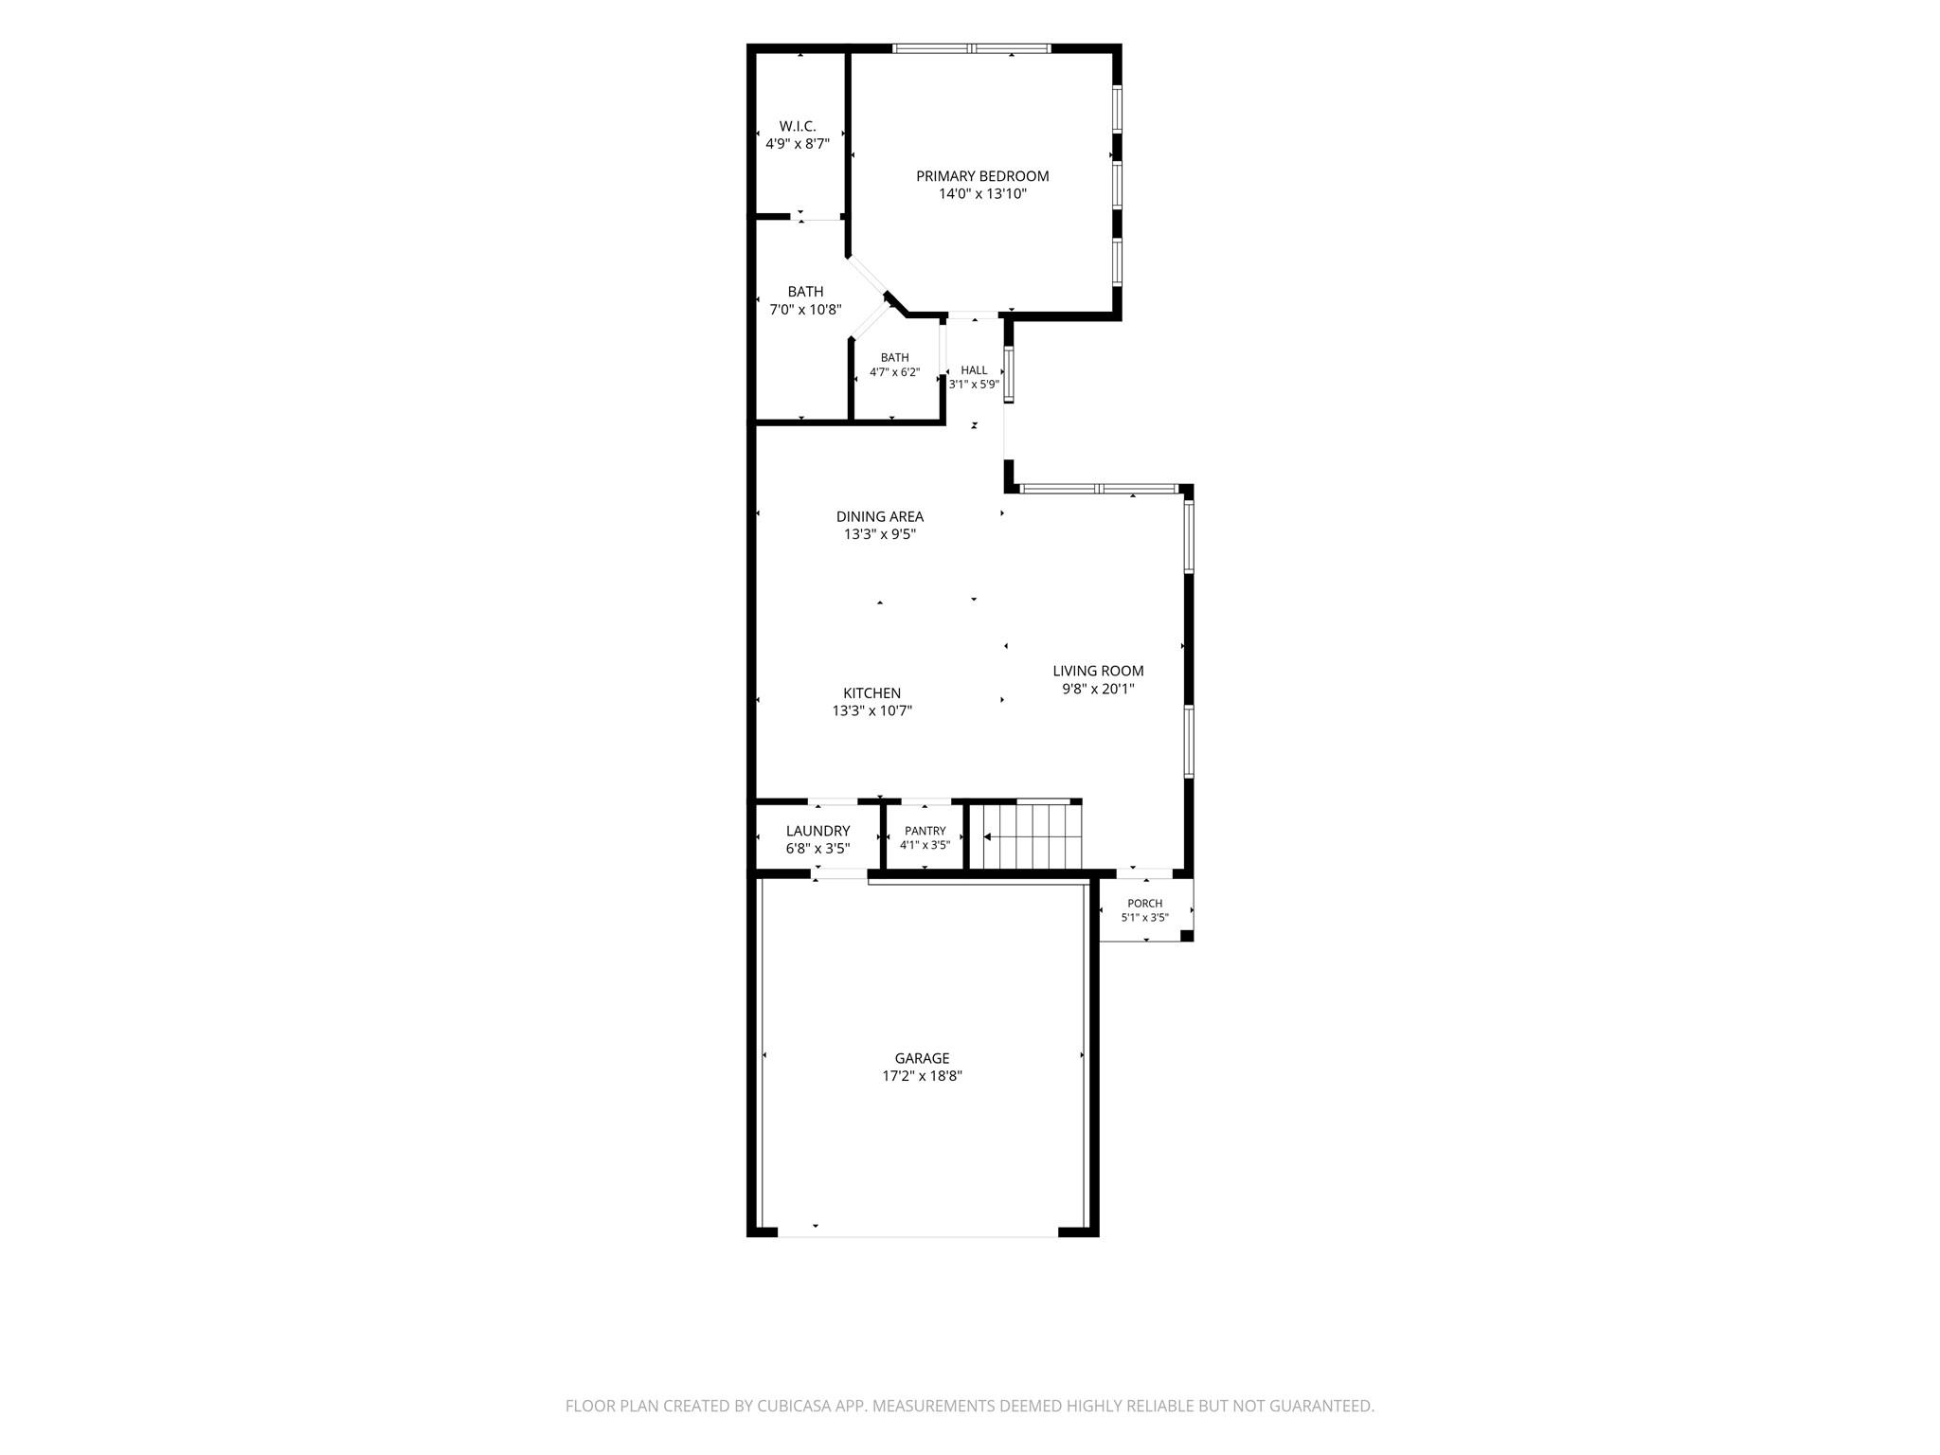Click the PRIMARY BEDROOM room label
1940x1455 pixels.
click(982, 176)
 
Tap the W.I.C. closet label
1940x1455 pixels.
click(798, 126)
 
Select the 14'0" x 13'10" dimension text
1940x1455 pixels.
click(982, 194)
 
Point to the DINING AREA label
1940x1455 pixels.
click(880, 516)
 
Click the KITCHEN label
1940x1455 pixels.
click(872, 693)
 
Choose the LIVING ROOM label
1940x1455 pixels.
click(1099, 672)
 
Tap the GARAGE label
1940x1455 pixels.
click(923, 1058)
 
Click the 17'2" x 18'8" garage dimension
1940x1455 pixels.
click(923, 1076)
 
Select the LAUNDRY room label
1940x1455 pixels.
click(818, 832)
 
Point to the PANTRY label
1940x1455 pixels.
click(925, 832)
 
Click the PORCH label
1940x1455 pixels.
click(1145, 904)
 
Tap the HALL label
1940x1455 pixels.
click(975, 370)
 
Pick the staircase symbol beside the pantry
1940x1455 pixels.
click(1032, 835)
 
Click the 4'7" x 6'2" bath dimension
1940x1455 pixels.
click(895, 372)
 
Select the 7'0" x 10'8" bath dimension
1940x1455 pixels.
click(806, 310)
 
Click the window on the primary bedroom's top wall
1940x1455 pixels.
click(973, 48)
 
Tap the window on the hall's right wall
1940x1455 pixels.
click(1010, 375)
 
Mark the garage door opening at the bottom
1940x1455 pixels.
click(918, 1232)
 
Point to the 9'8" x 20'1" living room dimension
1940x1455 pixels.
click(1099, 690)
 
